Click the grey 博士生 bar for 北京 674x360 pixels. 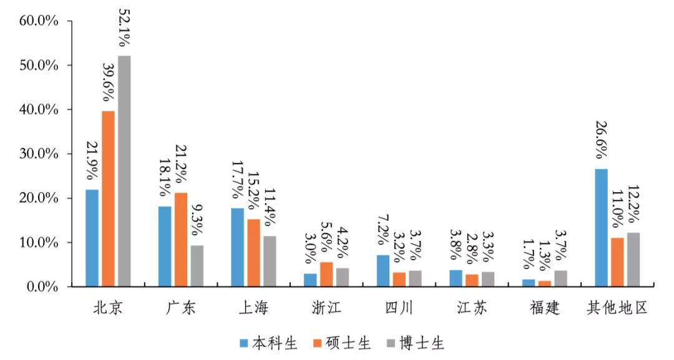coord(124,172)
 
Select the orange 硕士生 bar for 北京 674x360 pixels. coord(108,199)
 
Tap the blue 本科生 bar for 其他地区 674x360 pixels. coord(602,228)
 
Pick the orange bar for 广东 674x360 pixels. coord(181,240)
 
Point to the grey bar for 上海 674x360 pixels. coord(270,261)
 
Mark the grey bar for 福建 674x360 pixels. coord(560,279)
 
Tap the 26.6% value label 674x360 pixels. coord(602,140)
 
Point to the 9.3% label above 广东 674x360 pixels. coord(197,220)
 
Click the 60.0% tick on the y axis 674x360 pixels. coord(39,21)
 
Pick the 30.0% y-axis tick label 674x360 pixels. coord(39,154)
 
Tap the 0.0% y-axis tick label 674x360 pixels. coord(42,287)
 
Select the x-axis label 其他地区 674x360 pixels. coord(617,308)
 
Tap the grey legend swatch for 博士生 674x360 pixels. coord(391,343)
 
